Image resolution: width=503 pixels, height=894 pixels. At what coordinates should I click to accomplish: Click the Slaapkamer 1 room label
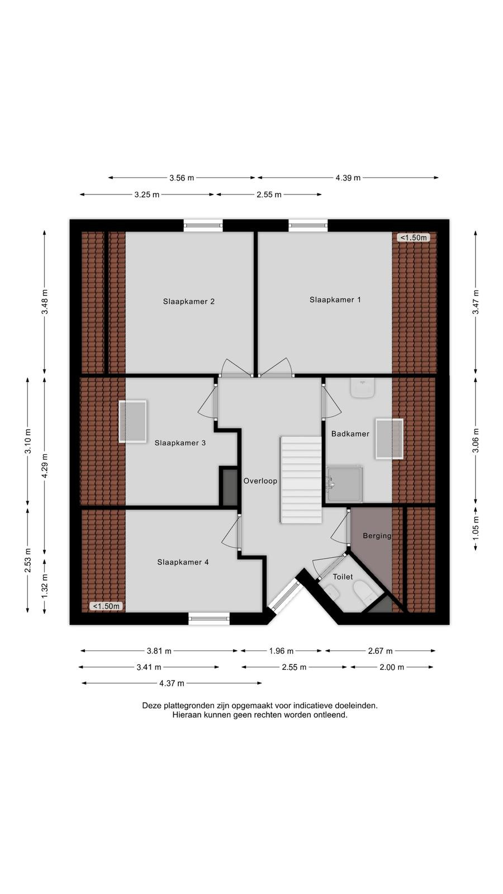335,299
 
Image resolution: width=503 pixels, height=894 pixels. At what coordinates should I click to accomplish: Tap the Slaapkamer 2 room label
188,301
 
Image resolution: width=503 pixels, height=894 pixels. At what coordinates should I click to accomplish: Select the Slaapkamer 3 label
180,443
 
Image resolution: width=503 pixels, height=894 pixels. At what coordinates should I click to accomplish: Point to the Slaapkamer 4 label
183,562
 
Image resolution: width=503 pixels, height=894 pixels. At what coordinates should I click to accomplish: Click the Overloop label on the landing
260,481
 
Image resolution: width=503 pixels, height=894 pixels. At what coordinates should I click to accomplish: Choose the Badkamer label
350,434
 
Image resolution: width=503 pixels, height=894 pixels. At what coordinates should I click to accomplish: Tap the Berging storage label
377,536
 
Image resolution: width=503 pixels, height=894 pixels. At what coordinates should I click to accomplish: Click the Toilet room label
343,577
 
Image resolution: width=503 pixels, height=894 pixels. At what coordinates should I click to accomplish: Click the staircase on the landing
301,480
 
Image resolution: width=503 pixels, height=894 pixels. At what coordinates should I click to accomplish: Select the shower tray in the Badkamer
344,484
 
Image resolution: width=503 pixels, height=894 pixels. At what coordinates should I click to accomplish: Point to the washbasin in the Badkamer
362,388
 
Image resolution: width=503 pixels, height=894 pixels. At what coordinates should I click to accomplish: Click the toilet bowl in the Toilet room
364,592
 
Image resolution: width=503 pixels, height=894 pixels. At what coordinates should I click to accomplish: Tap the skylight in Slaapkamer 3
132,421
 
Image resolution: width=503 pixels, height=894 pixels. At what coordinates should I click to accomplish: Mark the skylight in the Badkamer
389,439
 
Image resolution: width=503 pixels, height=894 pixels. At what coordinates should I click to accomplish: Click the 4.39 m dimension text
348,178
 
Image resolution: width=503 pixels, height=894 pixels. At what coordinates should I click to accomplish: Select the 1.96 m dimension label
281,651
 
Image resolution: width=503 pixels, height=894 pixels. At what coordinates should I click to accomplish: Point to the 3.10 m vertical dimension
28,441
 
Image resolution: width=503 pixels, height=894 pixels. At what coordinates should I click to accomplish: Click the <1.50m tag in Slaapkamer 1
413,237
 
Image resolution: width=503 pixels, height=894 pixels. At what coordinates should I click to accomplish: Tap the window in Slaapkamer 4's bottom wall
209,619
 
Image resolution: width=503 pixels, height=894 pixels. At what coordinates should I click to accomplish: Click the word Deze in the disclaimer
151,706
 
